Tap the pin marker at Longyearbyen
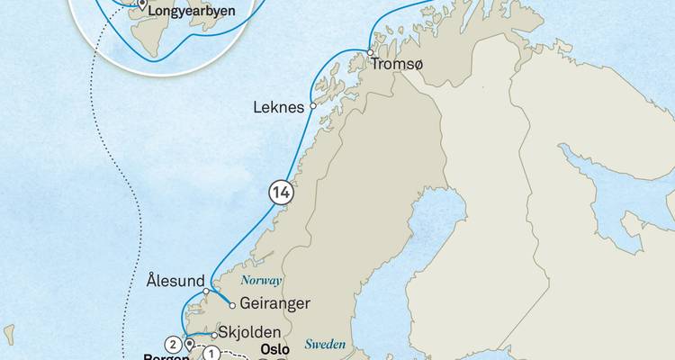click(x=141, y=5)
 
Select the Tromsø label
click(x=399, y=65)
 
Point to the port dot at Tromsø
click(x=370, y=54)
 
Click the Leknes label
click(x=282, y=106)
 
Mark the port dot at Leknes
click(x=313, y=106)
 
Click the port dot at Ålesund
click(x=206, y=291)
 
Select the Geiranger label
click(x=276, y=303)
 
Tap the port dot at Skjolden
click(x=213, y=334)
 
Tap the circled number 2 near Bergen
click(x=171, y=343)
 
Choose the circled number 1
click(x=210, y=354)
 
